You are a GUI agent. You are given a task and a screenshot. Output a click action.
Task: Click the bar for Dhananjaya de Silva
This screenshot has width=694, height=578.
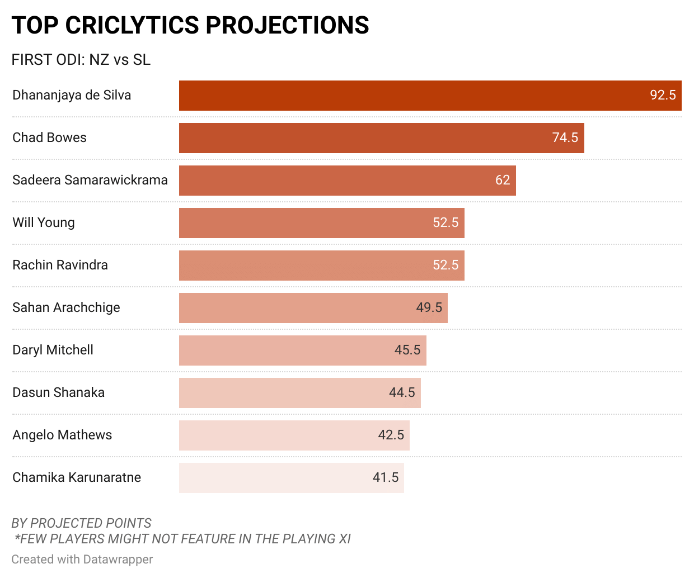coord(430,96)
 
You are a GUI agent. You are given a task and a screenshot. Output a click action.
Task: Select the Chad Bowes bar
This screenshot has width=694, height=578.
coord(381,138)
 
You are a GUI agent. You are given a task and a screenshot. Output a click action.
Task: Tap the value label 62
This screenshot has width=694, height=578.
coord(503,180)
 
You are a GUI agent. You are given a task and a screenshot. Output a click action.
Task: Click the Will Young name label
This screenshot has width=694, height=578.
coord(44,222)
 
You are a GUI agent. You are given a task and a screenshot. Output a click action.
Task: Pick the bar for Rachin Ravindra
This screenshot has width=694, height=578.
coord(321,266)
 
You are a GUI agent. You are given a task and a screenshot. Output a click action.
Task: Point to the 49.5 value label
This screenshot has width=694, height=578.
coord(429,307)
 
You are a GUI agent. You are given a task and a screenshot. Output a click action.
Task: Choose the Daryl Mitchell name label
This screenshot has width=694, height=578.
coord(53,350)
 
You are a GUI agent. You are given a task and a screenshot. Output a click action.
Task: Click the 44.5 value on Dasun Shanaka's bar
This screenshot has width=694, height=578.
coord(402,392)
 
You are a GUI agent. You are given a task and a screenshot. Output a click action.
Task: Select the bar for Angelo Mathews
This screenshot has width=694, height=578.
coord(294,435)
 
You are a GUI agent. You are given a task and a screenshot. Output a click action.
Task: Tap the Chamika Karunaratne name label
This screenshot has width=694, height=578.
coord(77,477)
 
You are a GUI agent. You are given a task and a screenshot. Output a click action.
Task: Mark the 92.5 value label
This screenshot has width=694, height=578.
coord(663,95)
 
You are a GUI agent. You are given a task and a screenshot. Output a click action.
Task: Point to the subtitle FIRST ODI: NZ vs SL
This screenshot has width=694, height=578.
coord(81,60)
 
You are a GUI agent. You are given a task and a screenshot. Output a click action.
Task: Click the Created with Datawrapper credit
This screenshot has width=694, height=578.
coord(82,560)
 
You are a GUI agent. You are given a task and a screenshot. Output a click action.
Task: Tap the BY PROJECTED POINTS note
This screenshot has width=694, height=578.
coord(81,523)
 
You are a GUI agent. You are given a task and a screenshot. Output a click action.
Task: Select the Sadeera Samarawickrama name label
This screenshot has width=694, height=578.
coord(90,180)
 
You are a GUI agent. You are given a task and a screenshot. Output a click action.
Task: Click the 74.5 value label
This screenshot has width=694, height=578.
coord(565,138)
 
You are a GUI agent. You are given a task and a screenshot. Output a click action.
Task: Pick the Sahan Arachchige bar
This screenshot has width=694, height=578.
coord(313,308)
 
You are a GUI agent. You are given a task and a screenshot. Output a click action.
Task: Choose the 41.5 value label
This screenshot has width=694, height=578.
coord(386,477)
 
